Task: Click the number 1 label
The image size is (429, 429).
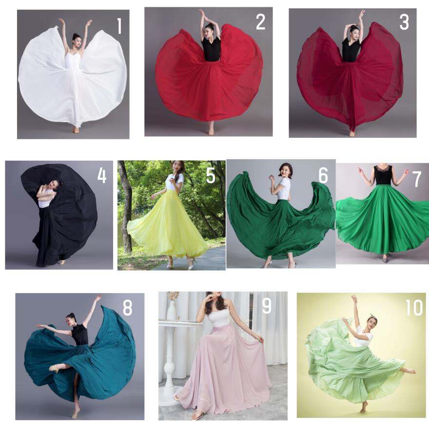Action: [119, 26]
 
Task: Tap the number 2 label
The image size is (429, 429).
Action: [260, 22]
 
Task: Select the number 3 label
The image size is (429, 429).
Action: [404, 22]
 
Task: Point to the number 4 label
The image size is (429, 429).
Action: [102, 175]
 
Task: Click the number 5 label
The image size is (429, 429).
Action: [211, 175]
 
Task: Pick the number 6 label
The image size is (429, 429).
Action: [323, 175]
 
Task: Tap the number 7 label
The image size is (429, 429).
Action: [417, 179]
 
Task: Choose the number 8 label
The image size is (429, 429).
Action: [128, 308]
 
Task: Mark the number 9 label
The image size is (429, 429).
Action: [267, 306]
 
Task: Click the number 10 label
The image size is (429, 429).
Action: [414, 308]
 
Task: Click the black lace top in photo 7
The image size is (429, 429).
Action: [384, 175]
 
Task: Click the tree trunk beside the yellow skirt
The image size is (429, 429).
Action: [126, 209]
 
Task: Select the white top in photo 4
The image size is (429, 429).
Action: [45, 199]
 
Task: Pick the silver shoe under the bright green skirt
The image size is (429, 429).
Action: [386, 258]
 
